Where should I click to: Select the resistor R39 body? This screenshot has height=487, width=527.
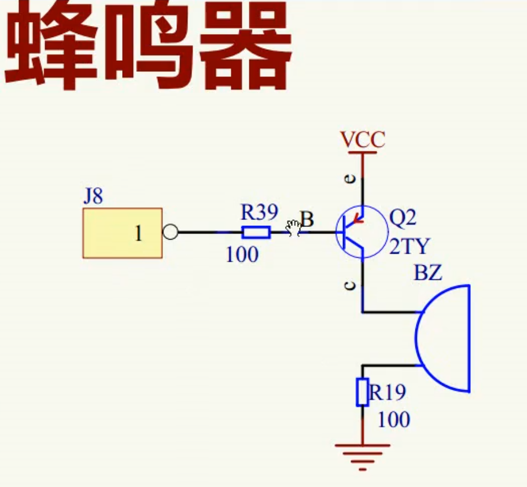click(x=256, y=233)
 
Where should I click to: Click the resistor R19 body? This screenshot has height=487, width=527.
click(x=362, y=392)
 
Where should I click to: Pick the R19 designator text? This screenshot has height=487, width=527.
click(x=388, y=393)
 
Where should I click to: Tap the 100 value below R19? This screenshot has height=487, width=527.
click(x=394, y=419)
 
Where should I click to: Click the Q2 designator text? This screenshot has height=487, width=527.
click(x=403, y=218)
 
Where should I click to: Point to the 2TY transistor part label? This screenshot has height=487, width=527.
click(x=410, y=247)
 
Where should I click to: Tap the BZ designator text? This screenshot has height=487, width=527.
click(x=428, y=273)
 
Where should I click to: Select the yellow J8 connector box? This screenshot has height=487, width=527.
click(x=123, y=233)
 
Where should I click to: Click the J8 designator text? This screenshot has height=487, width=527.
click(x=93, y=196)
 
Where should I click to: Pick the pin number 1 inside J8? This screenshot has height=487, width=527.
click(x=138, y=234)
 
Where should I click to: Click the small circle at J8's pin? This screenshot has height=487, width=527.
click(x=170, y=233)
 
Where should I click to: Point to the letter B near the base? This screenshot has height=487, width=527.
click(x=308, y=219)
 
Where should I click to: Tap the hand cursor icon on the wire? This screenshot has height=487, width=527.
click(x=294, y=228)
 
